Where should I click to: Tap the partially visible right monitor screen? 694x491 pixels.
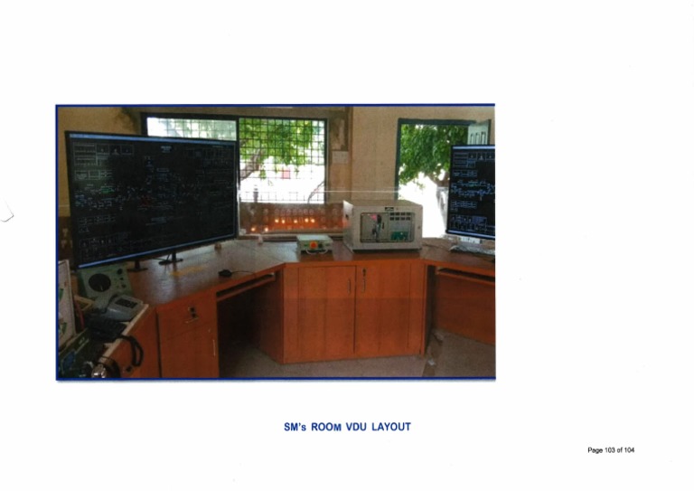click(472, 192)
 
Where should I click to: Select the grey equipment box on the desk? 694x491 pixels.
click(382, 225)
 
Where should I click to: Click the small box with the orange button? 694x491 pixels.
click(314, 242)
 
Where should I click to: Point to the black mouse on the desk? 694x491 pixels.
click(226, 272)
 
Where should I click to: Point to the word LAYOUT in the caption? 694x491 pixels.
click(391, 427)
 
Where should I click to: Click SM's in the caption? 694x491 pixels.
click(295, 427)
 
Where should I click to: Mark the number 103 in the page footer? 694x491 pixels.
click(606, 450)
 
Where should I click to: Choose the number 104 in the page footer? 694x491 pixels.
click(628, 450)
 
